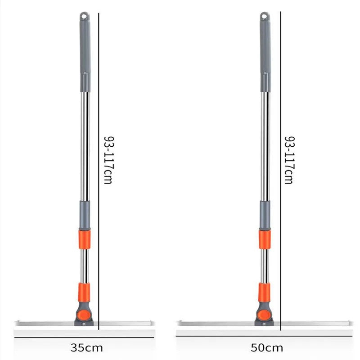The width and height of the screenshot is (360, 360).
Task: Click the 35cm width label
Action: click(87, 347)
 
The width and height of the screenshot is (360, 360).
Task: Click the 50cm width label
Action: click(267, 347)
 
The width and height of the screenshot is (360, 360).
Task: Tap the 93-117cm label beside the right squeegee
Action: click(289, 160)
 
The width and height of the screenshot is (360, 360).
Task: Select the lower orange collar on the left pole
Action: click(84, 292)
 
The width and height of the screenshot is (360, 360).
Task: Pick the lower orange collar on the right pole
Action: click(264, 292)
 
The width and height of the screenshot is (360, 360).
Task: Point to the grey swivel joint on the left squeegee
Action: click(83, 314)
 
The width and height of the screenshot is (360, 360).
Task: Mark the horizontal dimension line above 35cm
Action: click(85, 336)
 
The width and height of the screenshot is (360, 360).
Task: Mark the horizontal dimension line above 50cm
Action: click(265, 336)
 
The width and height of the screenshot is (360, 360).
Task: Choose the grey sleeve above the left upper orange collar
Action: click(85, 215)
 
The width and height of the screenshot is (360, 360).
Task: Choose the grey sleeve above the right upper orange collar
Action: click(265, 215)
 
